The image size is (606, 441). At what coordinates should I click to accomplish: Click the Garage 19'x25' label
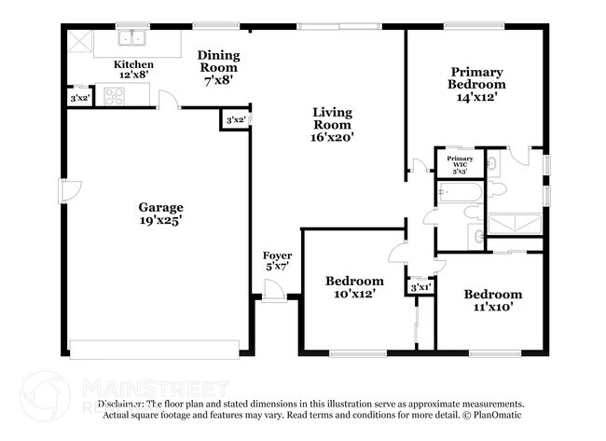160,214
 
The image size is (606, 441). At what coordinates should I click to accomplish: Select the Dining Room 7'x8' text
217,67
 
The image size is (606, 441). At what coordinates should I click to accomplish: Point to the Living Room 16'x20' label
331,124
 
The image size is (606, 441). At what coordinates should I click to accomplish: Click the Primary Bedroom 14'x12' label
476,84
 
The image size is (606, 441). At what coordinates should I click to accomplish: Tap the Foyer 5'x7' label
277,261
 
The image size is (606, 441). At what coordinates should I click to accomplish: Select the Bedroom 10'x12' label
353,287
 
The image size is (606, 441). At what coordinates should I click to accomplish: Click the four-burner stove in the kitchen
115,95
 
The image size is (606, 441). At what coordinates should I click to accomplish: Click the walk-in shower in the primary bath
514,223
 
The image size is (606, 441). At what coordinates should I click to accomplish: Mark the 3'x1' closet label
420,287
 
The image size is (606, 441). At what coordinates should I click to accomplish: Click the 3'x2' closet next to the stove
80,97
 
